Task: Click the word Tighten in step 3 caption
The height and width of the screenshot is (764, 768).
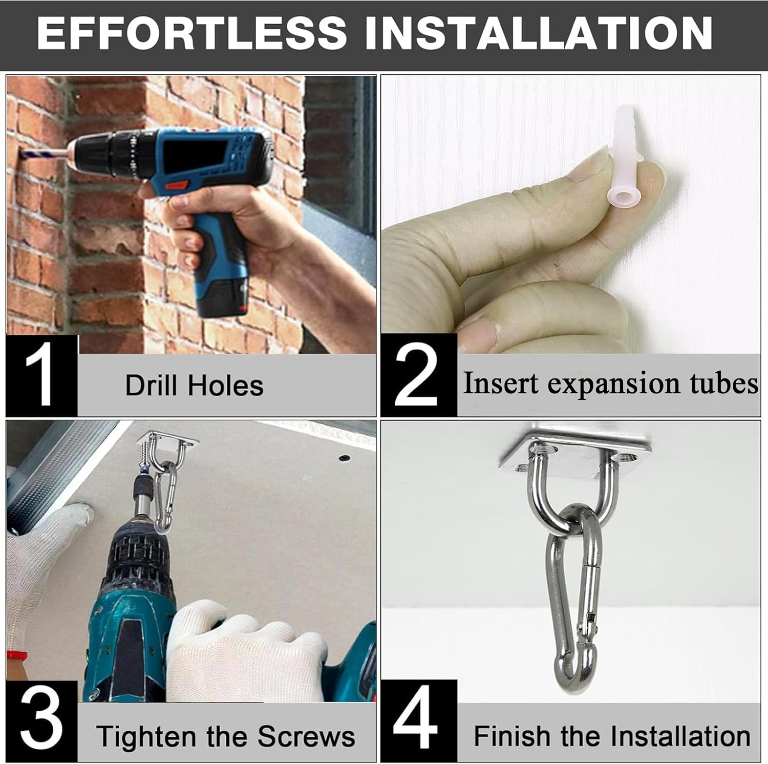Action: [x=147, y=737]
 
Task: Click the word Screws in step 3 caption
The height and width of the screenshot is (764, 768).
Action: [x=306, y=736]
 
